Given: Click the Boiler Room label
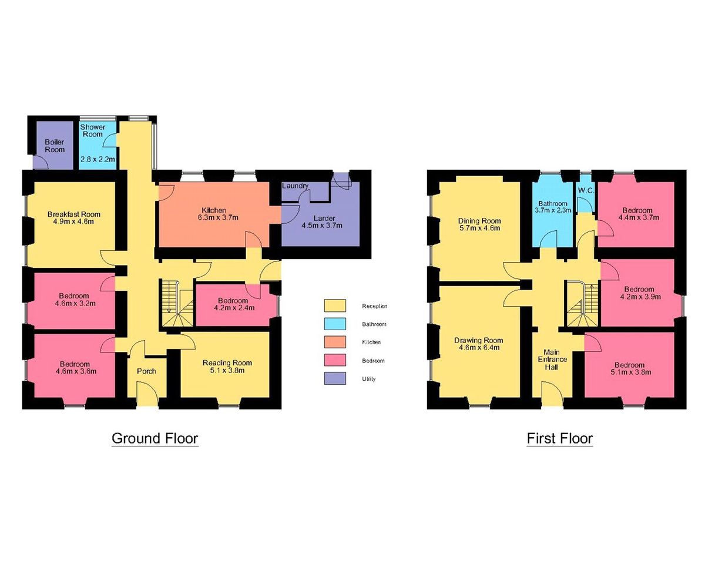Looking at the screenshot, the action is click(x=55, y=146).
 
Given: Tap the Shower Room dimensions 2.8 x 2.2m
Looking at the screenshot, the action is click(x=98, y=160).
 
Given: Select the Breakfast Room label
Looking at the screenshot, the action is click(x=73, y=214).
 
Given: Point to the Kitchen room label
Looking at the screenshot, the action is click(x=214, y=210).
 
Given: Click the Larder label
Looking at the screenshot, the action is click(x=324, y=219).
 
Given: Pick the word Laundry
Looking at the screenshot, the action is click(x=295, y=186).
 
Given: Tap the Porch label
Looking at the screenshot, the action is click(x=146, y=371).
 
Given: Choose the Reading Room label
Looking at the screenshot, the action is click(x=227, y=363).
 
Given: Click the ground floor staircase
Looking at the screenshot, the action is click(x=177, y=303).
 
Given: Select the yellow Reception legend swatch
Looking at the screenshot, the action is click(x=335, y=305).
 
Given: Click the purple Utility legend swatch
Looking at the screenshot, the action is click(x=335, y=378).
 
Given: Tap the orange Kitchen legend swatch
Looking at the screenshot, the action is click(x=335, y=342).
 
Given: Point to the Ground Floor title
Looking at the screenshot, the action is click(x=155, y=438).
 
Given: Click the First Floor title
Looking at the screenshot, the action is click(x=560, y=438).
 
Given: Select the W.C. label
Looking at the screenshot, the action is click(x=586, y=190).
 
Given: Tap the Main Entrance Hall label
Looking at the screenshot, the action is click(x=552, y=360).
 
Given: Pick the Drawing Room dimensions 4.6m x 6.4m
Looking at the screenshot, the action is click(x=479, y=348).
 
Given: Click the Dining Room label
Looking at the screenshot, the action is click(x=479, y=221).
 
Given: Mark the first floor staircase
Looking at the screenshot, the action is click(x=584, y=304).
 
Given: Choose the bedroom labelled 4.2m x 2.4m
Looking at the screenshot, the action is click(x=234, y=304).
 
